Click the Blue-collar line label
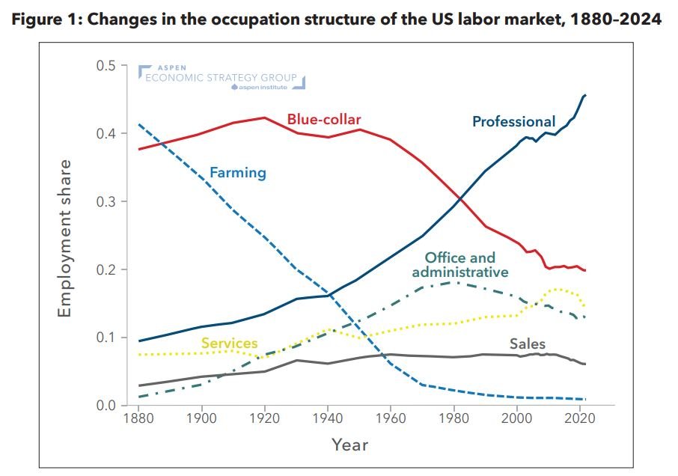coord(324,119)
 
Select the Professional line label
coord(513,121)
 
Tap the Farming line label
coord(238,173)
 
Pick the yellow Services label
coord(230,344)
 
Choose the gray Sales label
coord(528,344)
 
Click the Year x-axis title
coord(350,445)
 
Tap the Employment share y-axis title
coord(66,237)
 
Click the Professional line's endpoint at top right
coord(585,95)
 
